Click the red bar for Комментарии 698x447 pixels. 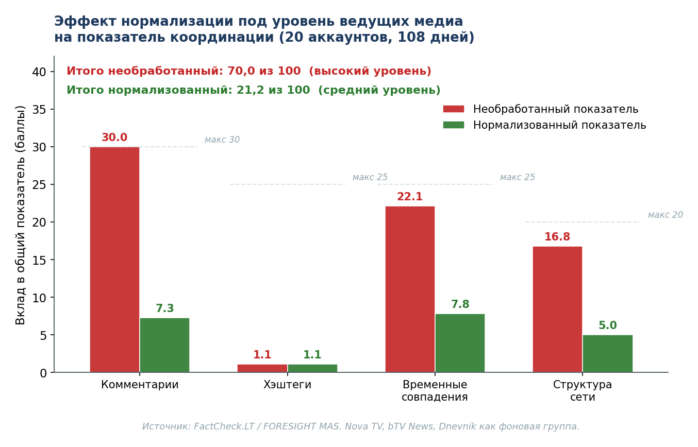[x=114, y=260]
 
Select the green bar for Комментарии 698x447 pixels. [x=164, y=345]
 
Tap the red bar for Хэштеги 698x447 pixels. [x=262, y=368]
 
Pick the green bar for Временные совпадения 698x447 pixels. [x=460, y=343]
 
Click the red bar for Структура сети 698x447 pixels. [x=557, y=309]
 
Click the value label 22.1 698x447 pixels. [x=410, y=197]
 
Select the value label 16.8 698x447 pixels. [x=557, y=237]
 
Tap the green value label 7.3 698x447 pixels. [x=164, y=309]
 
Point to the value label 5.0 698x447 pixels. [x=607, y=326]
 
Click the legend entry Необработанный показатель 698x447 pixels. [x=555, y=109]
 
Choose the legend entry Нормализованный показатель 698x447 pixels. [x=559, y=125]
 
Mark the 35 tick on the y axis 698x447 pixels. [x=39, y=110]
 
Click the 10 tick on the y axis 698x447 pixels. [x=39, y=298]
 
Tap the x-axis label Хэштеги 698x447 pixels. [x=287, y=385]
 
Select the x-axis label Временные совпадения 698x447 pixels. [x=435, y=391]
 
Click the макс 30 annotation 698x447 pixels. [x=222, y=140]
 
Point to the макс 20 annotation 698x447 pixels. [x=665, y=215]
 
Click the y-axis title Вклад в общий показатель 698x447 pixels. [x=21, y=215]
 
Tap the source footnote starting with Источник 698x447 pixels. [x=361, y=426]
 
